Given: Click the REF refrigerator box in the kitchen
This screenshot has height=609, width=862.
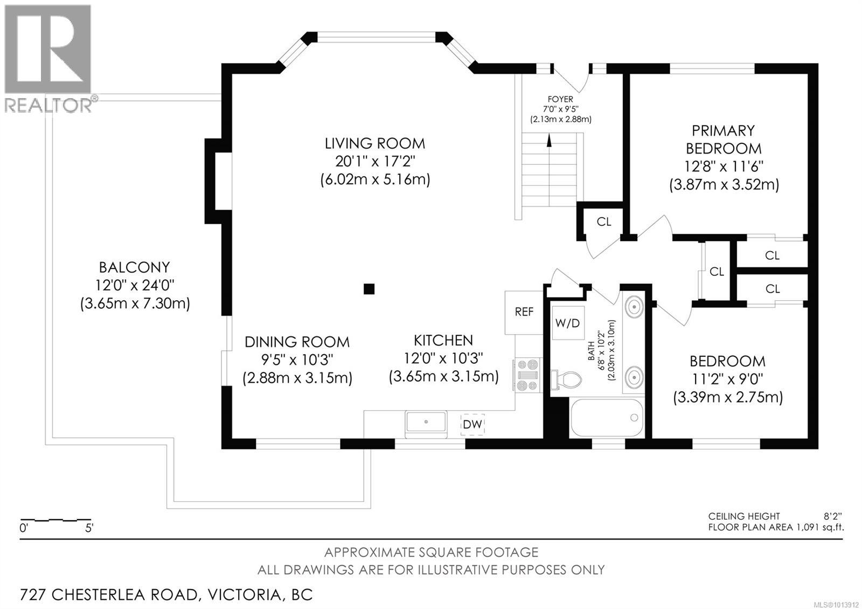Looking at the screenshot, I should [524, 312].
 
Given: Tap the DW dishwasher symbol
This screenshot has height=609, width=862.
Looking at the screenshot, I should [472, 424].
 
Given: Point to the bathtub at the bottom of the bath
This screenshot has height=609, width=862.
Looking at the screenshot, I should [607, 418].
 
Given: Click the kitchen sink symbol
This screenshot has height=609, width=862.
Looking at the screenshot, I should [426, 421].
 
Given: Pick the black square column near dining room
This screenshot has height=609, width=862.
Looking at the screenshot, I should [369, 289].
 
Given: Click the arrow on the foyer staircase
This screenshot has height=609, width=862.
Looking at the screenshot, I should [549, 141].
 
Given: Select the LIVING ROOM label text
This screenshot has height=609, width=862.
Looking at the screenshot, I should [374, 143].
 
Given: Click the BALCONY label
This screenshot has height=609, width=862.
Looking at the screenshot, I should [134, 267].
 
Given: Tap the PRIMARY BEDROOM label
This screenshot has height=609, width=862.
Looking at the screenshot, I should [724, 139].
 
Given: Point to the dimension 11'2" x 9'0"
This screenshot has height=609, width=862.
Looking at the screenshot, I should [727, 379].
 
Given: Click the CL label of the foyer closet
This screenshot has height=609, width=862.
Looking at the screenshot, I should [604, 222].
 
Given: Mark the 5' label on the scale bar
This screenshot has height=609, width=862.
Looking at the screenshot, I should [89, 528].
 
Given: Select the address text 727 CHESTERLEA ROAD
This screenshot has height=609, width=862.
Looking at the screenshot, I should [108, 595].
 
